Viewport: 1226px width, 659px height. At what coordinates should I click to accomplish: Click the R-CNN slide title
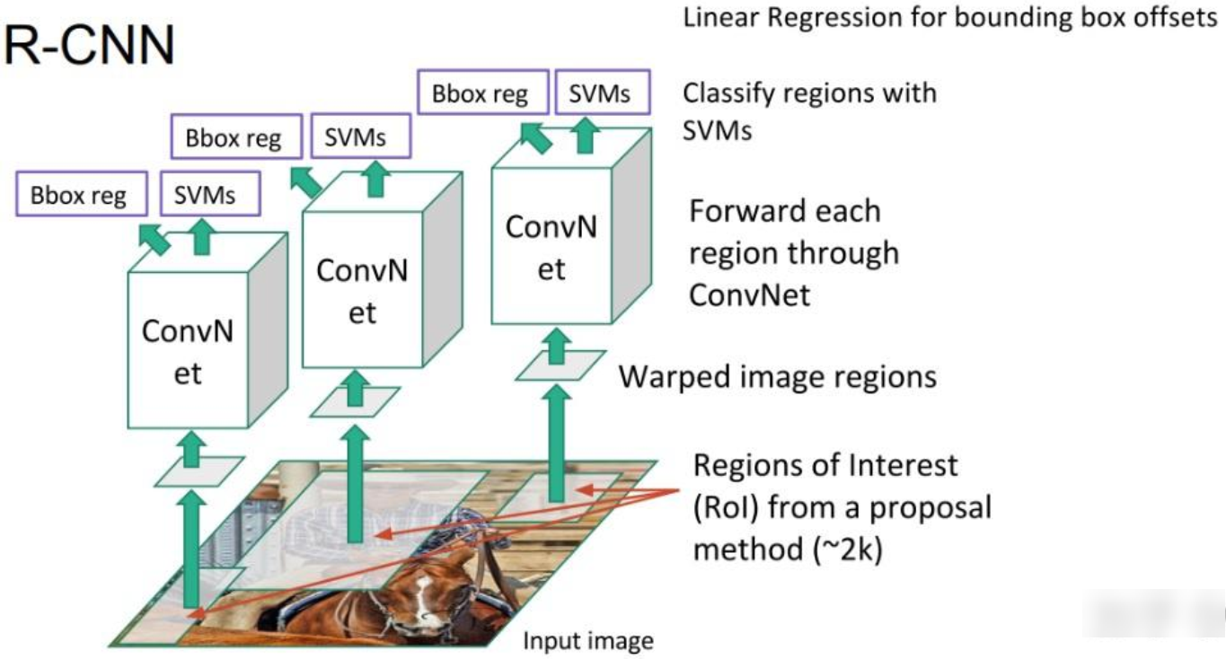click(x=88, y=47)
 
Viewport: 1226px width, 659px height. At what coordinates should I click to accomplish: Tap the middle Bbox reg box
click(x=234, y=139)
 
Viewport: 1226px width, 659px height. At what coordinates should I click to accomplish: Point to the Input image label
click(x=587, y=641)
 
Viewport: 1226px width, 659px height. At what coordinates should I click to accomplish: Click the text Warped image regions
click(x=777, y=376)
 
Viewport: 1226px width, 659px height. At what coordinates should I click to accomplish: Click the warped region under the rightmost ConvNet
click(x=560, y=365)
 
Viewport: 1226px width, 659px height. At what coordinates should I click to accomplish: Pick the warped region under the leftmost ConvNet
click(x=198, y=471)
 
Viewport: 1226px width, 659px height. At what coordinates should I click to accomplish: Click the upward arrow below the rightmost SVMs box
click(x=587, y=136)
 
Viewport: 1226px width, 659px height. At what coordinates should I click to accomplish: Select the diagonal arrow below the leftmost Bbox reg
click(x=154, y=239)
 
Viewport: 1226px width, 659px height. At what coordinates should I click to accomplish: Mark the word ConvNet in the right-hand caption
click(x=749, y=294)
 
